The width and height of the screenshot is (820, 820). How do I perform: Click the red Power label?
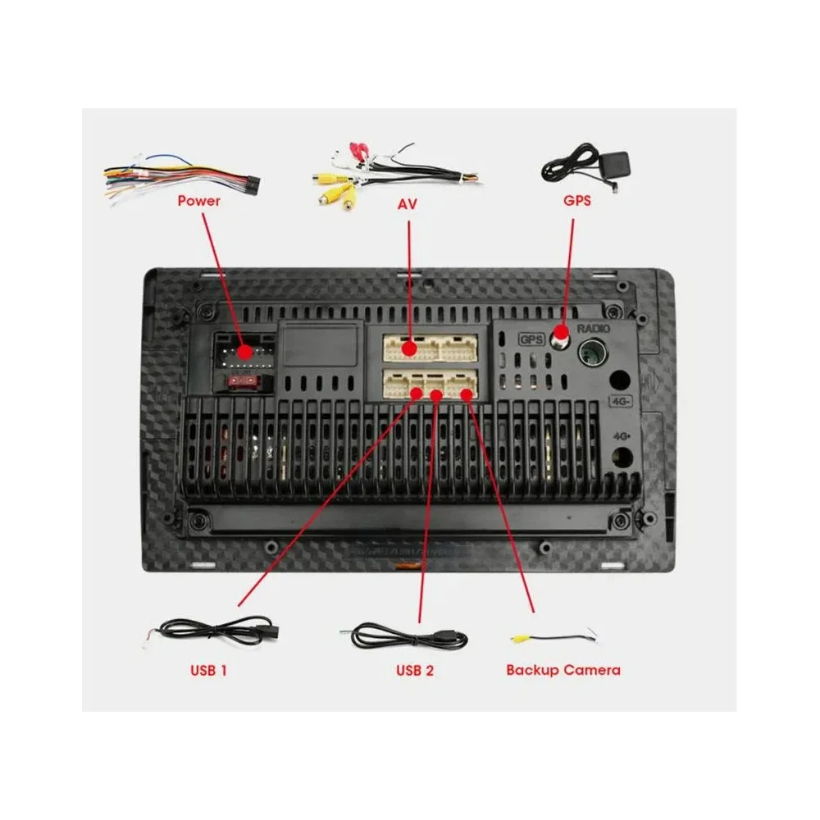[x=198, y=200]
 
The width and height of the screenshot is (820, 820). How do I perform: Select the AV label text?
[x=407, y=203]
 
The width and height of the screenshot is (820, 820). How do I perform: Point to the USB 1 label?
[x=208, y=670]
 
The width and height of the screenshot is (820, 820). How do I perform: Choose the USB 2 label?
[x=415, y=670]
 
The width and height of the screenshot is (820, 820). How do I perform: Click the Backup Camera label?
[x=563, y=670]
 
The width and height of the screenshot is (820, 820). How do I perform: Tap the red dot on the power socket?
[x=244, y=352]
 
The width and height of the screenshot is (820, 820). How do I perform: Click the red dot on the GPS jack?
[x=562, y=334]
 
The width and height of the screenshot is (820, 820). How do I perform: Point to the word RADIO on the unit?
[x=594, y=329]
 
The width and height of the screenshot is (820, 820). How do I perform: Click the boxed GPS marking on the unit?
[x=531, y=339]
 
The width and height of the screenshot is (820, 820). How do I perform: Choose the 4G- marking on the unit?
[x=619, y=401]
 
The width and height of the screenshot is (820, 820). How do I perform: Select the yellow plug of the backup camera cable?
[x=519, y=636]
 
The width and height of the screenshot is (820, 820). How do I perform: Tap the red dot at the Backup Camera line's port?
[x=467, y=394]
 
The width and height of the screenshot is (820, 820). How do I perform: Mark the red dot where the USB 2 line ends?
[x=437, y=395]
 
